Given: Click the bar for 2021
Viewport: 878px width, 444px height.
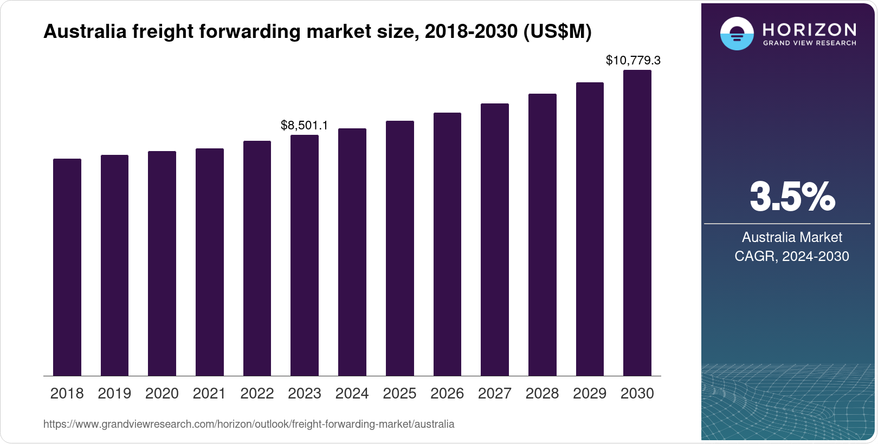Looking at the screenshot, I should click(210, 262).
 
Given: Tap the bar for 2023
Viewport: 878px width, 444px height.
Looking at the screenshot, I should click(305, 255).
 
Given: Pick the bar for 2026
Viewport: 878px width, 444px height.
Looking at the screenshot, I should click(447, 244).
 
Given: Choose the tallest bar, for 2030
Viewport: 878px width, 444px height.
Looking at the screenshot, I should click(637, 223).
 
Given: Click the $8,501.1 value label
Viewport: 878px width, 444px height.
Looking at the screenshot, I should click(304, 125).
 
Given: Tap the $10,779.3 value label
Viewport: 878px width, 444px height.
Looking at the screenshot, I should click(633, 60).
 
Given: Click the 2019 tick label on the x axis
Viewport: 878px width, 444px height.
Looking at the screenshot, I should click(114, 394).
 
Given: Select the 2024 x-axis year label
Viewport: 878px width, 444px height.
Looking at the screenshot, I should click(352, 394).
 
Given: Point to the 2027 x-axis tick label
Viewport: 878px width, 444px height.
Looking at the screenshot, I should click(494, 394).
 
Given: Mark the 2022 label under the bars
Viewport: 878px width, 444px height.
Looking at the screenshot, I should click(257, 394).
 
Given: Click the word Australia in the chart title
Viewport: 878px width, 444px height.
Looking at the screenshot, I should click(85, 31).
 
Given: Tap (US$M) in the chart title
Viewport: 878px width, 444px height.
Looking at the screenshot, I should click(557, 31).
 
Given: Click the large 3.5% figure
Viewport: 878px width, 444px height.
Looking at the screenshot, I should click(792, 197).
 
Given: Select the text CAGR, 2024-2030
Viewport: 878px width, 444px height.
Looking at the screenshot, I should click(792, 256).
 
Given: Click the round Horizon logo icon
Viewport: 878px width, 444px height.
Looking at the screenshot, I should click(737, 34).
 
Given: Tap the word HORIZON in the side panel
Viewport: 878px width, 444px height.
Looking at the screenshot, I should click(809, 29).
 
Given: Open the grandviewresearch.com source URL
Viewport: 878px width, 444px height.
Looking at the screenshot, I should click(249, 424).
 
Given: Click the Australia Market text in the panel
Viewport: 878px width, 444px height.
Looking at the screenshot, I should click(792, 237).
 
